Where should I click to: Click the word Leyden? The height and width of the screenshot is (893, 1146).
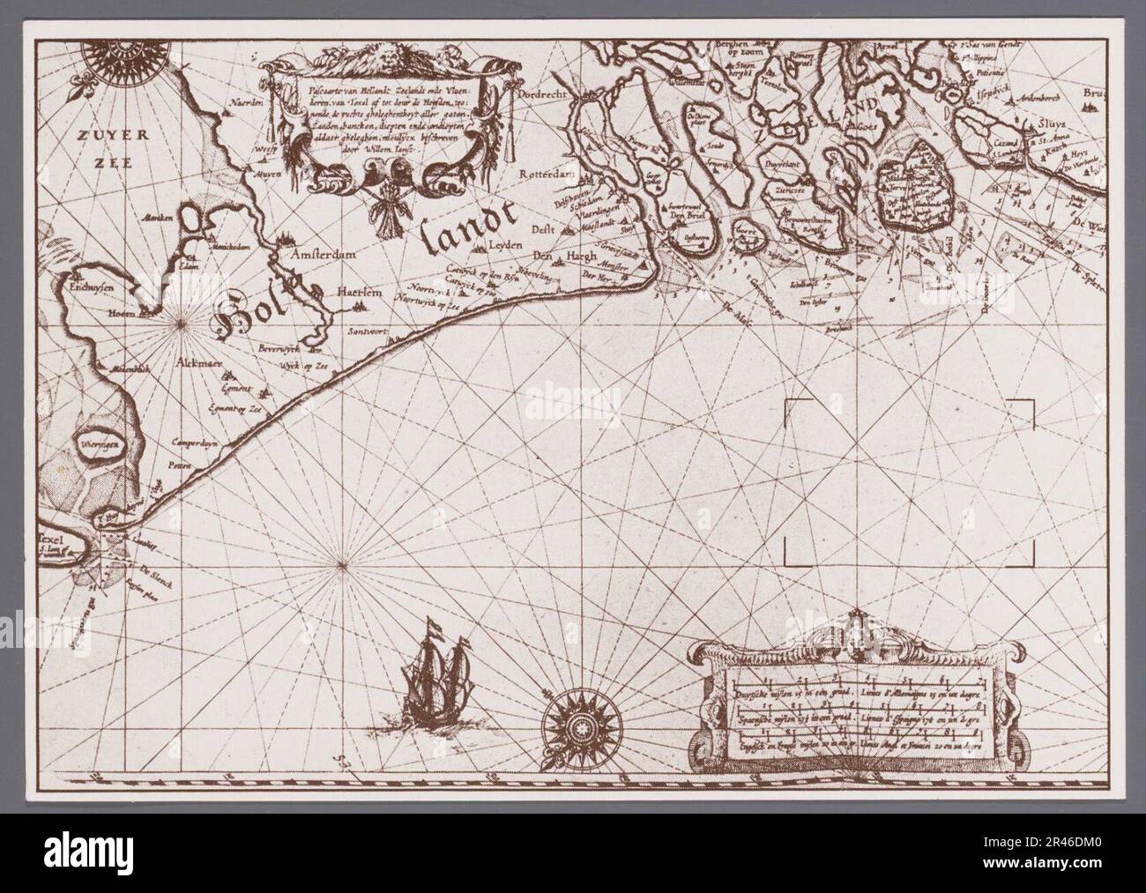(506, 243)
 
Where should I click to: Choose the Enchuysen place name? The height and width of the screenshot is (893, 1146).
(82, 284)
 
